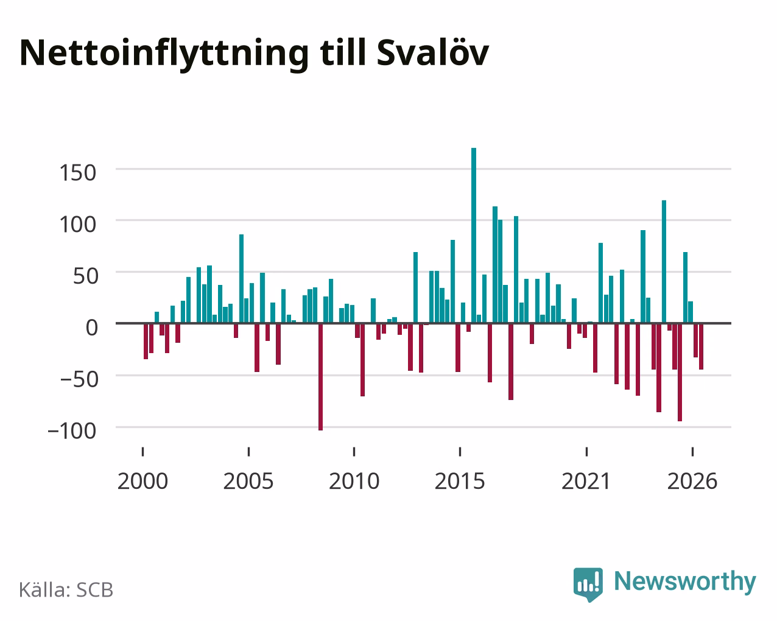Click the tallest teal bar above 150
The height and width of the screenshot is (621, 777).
473,235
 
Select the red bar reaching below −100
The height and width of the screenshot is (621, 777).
320,377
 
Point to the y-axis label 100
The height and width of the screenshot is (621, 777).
77,224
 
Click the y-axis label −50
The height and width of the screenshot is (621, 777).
79,379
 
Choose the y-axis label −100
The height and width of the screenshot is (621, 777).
72,431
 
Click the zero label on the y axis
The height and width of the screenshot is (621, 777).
92,328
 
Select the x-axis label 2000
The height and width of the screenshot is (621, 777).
142,481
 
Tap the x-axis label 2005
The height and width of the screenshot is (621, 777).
248,481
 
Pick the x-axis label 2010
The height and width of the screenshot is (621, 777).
354,481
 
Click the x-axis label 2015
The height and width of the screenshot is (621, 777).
460,481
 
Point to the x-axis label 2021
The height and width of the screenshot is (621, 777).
586,481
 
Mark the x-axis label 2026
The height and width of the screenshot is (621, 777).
692,481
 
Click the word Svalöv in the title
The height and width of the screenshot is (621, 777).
432,53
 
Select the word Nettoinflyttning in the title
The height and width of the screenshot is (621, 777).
164,54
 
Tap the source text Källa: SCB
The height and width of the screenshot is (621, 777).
66,589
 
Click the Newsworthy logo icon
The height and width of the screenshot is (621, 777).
588,584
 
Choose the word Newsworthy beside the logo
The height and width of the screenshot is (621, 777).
685,581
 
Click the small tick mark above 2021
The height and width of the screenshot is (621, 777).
586,452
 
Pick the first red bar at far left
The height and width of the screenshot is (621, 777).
146,341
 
